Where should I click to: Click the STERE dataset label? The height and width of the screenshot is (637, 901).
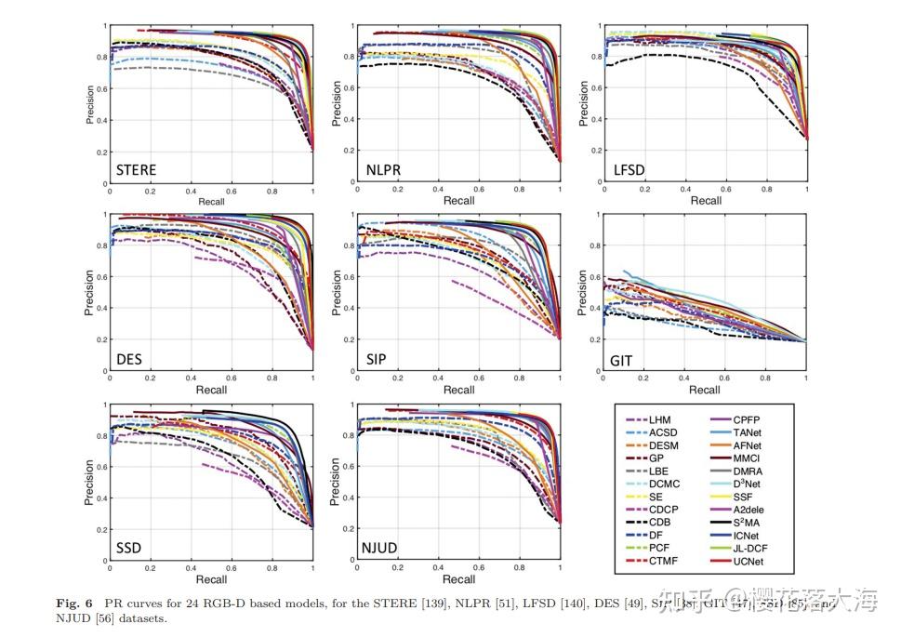pos(136,169)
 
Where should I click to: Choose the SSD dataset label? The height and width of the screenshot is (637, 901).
pos(129,547)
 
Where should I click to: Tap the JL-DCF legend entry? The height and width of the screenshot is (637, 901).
pos(752,548)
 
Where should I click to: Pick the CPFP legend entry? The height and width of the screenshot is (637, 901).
pos(749,419)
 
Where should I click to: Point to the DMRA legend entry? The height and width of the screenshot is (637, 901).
pos(749,471)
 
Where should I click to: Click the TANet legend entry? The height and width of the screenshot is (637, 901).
pos(749,432)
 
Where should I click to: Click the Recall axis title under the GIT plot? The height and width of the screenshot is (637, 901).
pos(706,389)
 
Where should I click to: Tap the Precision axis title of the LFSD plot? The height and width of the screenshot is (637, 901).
pos(584,104)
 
